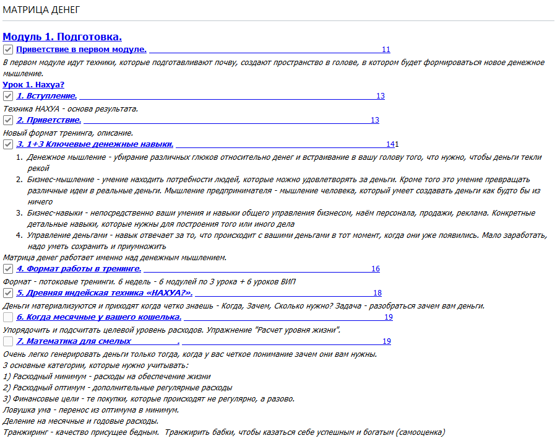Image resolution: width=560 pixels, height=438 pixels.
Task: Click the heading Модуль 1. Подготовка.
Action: click(62, 37)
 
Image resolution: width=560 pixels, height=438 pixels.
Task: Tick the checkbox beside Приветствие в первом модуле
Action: click(8, 50)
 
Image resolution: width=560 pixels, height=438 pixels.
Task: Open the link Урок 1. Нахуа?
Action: click(33, 84)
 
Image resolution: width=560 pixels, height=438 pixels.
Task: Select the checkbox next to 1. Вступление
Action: click(8, 96)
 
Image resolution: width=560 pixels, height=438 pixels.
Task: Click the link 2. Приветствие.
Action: click(49, 120)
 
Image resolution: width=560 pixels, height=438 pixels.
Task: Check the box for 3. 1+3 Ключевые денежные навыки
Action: click(8, 144)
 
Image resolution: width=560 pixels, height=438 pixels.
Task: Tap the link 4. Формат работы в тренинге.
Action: click(79, 269)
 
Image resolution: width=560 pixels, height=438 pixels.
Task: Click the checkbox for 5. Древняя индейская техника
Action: click(8, 293)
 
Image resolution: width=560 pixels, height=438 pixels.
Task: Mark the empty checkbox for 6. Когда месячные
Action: click(8, 317)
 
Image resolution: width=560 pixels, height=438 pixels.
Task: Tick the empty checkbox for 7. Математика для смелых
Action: click(8, 341)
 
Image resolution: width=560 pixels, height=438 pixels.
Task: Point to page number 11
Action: click(386, 50)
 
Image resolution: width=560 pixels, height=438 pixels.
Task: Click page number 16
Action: click(376, 269)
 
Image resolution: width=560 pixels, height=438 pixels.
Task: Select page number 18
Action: click(377, 293)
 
